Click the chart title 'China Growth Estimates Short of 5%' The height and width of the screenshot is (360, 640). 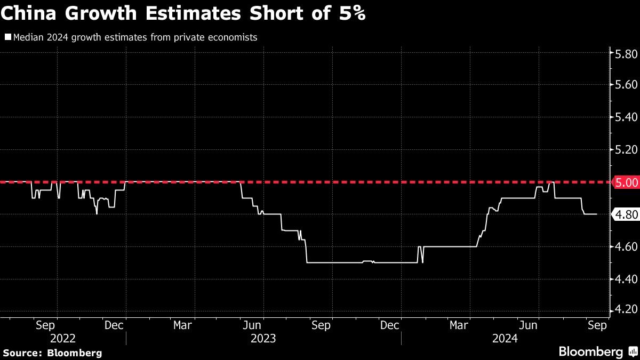[183, 13]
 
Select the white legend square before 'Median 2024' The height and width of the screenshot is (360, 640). [8, 37]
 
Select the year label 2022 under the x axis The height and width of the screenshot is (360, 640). [63, 338]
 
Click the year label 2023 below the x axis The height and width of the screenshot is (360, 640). [263, 338]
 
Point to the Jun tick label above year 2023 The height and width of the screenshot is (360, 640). [252, 325]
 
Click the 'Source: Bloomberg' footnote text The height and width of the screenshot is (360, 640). [52, 353]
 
